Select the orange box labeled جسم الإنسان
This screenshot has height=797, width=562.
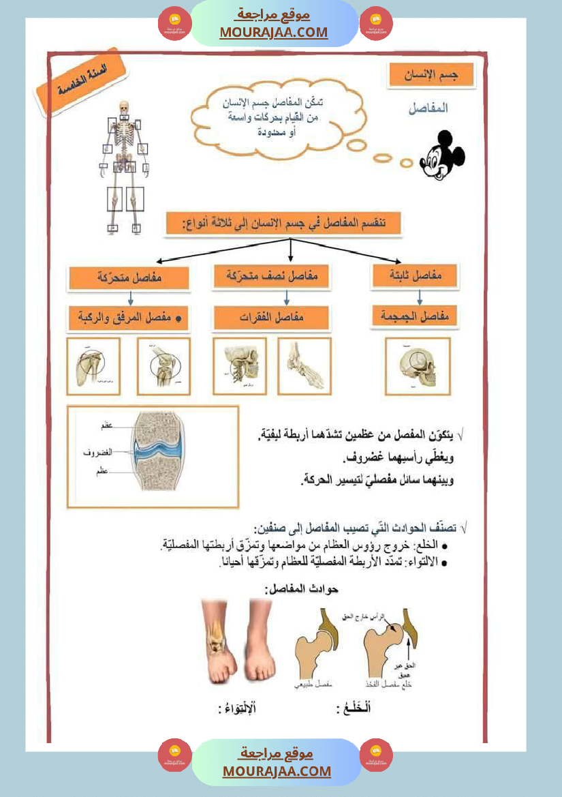(431, 76)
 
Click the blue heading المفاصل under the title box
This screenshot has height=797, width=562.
(428, 108)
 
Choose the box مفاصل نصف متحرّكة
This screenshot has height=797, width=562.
(272, 277)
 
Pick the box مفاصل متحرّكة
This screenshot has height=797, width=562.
(119, 278)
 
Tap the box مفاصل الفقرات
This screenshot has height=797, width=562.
(271, 318)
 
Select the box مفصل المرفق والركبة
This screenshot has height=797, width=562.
(129, 318)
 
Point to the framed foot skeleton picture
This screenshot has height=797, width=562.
(304, 366)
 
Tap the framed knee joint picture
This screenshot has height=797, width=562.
(163, 366)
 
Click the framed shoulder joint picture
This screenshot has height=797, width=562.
(93, 366)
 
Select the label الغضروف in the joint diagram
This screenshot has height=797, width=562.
(97, 452)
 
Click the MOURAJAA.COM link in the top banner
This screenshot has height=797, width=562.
(274, 32)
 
